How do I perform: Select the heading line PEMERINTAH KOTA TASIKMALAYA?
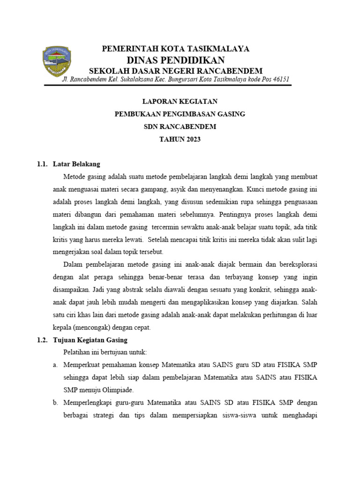(x=176, y=49)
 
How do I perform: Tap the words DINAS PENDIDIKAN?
(x=176, y=60)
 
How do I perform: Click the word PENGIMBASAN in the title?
(x=184, y=114)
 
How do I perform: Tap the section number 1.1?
(x=43, y=164)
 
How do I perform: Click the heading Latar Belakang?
(x=77, y=164)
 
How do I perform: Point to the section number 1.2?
(x=43, y=340)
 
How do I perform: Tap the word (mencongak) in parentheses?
(x=103, y=327)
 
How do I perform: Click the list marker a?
(x=54, y=365)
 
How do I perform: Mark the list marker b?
(x=54, y=402)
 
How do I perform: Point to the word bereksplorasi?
(x=298, y=264)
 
